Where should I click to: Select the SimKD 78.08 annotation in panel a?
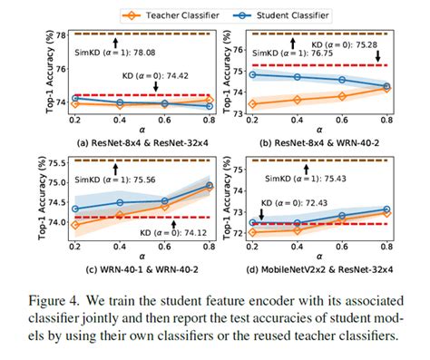(111, 52)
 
